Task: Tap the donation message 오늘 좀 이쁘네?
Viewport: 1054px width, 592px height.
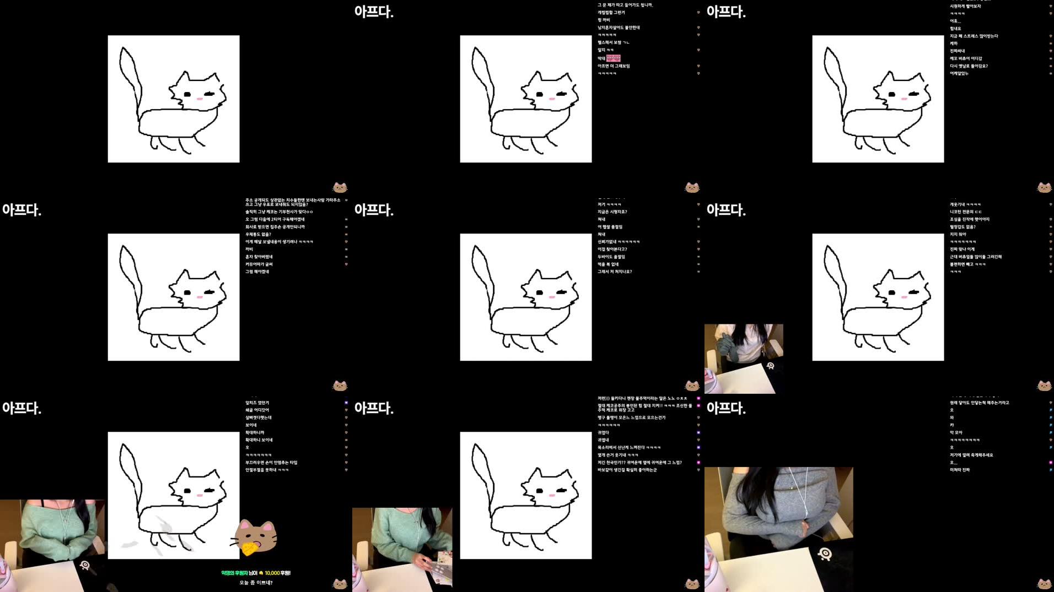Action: click(x=256, y=583)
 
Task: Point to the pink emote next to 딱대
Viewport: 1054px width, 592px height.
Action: click(x=613, y=58)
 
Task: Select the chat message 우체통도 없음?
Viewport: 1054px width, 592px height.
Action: click(x=258, y=234)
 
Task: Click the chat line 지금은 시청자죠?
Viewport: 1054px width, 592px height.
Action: click(x=612, y=211)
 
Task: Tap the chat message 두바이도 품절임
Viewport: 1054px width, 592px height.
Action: click(x=611, y=257)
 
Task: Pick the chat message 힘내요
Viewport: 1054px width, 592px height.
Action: click(x=955, y=29)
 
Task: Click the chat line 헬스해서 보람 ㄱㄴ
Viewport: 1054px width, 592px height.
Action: click(x=613, y=42)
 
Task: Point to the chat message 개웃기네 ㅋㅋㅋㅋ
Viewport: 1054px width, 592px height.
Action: click(x=965, y=204)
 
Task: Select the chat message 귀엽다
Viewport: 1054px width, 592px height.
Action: click(x=603, y=432)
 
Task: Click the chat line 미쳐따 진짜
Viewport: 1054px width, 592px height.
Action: click(x=960, y=470)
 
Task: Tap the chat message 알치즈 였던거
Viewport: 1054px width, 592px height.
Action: click(x=257, y=403)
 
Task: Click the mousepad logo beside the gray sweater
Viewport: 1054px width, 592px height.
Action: click(x=825, y=553)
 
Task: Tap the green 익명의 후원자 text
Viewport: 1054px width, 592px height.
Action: click(x=239, y=573)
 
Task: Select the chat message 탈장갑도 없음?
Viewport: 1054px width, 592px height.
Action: click(x=962, y=227)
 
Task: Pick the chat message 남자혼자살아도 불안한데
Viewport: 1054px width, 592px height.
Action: click(x=619, y=28)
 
